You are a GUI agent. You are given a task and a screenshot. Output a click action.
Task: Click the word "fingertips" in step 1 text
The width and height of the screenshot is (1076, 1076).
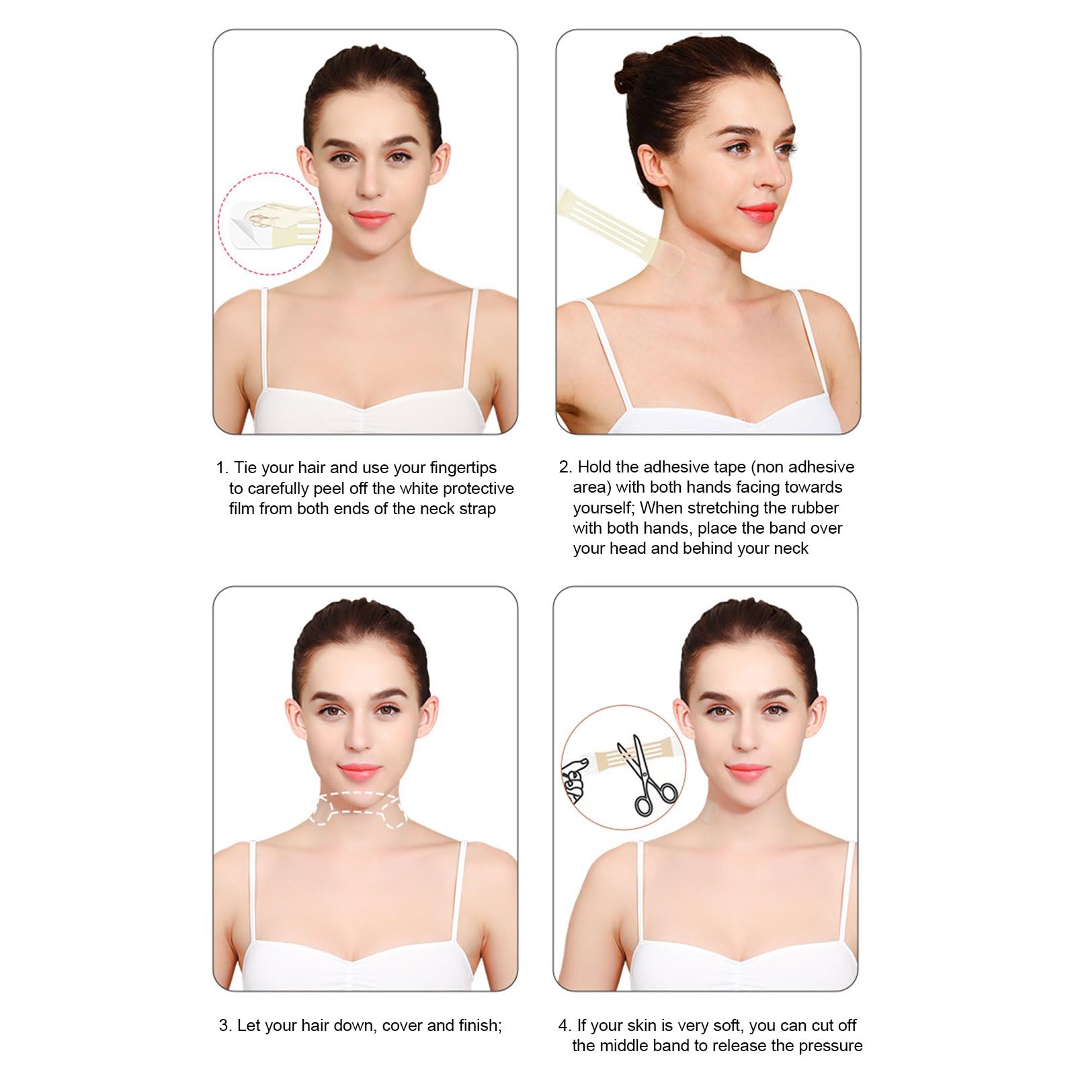[463, 468]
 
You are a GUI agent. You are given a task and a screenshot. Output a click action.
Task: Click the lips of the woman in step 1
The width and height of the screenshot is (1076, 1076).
[369, 218]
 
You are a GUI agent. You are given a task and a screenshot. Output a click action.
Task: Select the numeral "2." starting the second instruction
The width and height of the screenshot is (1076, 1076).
[565, 467]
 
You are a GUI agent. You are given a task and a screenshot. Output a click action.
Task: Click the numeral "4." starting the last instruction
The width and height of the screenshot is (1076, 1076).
[565, 1026]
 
